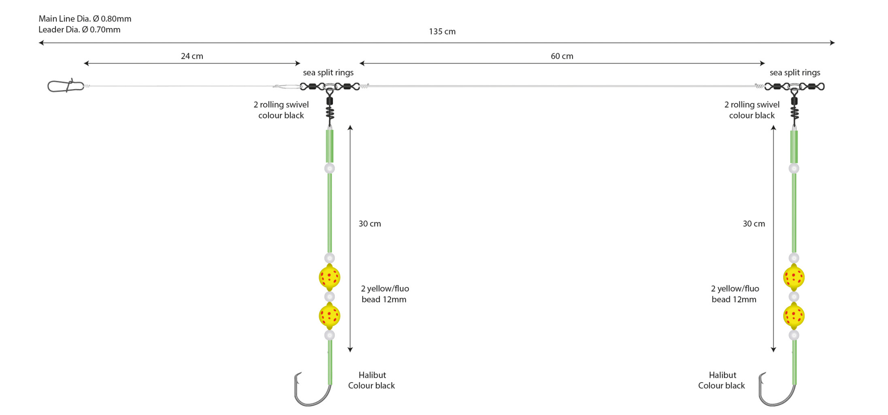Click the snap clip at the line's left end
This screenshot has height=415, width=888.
(65, 86)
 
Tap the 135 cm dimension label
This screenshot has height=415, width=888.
(442, 32)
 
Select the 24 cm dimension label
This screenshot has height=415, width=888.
(192, 56)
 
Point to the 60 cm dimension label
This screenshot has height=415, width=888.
(562, 56)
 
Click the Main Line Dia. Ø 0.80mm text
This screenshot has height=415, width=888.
(85, 19)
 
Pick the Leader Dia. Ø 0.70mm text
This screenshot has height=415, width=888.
(79, 30)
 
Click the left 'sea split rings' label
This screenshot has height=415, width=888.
(328, 73)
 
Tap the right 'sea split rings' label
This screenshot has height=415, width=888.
(794, 73)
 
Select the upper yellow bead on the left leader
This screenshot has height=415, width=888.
(329, 278)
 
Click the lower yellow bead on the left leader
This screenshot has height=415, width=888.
(329, 316)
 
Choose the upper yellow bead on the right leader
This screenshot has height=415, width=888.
(794, 278)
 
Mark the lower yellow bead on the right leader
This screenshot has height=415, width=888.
(794, 316)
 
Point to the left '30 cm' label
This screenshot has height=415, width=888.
(369, 224)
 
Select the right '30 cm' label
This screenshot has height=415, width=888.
(754, 224)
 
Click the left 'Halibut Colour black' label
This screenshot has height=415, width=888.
(372, 380)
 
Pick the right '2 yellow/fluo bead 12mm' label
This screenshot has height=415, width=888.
(735, 294)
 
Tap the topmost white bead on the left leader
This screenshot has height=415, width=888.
(330, 168)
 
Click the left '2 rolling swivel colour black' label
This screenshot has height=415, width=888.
(281, 110)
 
